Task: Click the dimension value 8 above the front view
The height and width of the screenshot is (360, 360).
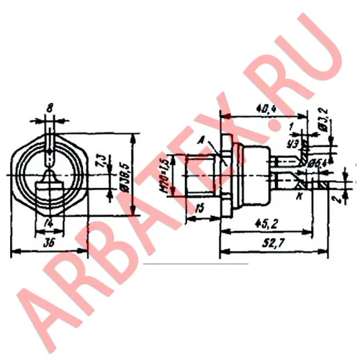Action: click(x=49, y=109)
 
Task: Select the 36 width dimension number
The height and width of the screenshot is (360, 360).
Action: click(x=49, y=243)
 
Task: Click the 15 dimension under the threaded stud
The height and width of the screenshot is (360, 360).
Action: click(x=199, y=209)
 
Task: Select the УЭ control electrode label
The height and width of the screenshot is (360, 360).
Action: click(x=292, y=143)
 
